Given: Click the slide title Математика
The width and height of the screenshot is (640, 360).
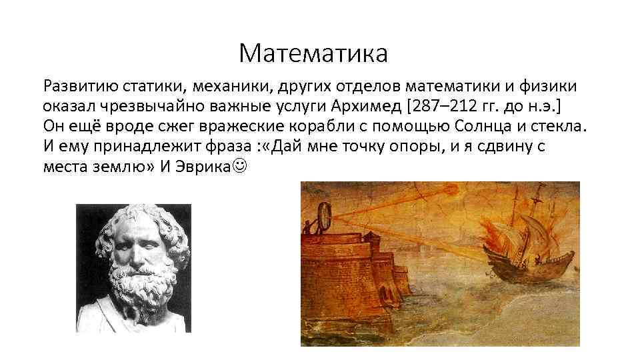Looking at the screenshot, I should coord(313,53).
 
